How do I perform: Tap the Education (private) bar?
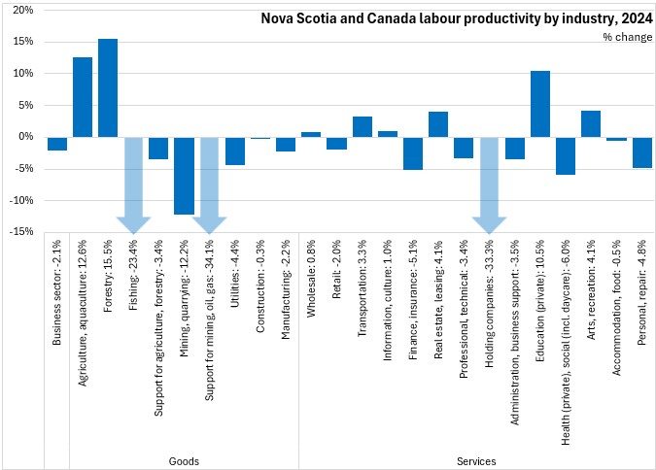click(x=540, y=104)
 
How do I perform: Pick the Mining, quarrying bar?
click(x=184, y=176)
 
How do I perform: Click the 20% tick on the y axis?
click(x=23, y=11)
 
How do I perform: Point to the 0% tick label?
click(x=26, y=137)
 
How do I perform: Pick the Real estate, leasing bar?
click(x=438, y=124)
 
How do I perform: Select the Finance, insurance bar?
click(x=413, y=153)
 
